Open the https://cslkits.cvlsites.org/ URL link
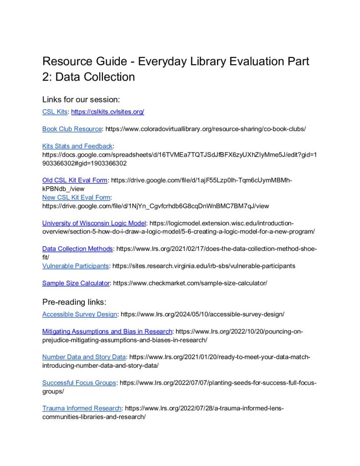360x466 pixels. click(x=107, y=111)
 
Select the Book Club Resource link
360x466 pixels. click(x=72, y=129)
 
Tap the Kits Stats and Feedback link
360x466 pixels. click(x=77, y=146)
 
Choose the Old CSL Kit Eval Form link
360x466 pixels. click(x=75, y=180)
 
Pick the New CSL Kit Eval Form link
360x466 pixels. click(x=76, y=198)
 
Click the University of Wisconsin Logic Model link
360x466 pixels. click(x=94, y=223)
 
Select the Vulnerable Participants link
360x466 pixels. click(x=76, y=266)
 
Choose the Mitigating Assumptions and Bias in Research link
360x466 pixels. click(x=107, y=331)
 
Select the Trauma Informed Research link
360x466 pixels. click(x=82, y=408)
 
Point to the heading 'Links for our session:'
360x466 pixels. click(x=81, y=99)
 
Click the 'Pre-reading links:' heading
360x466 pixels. click(x=74, y=302)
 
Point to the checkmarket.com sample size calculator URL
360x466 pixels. click(x=190, y=283)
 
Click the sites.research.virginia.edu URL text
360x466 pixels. click(x=203, y=266)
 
